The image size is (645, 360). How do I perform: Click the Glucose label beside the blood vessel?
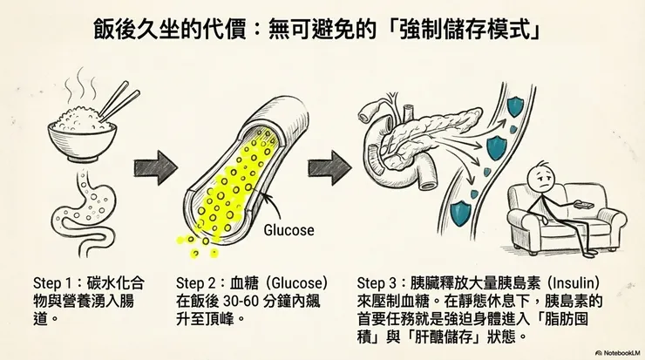(288, 231)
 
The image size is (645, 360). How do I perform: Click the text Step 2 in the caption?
(196, 284)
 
